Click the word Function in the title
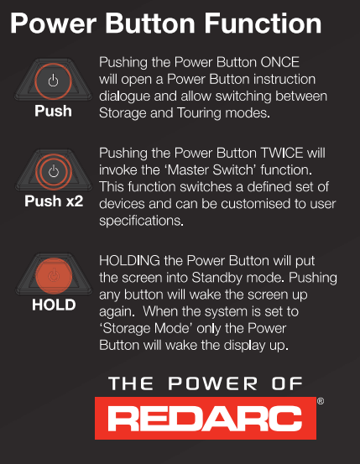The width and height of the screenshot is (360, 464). click(263, 23)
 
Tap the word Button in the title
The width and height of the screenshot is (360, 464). click(150, 23)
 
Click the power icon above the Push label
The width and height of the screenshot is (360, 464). click(54, 81)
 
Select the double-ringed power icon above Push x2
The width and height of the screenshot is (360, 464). click(54, 172)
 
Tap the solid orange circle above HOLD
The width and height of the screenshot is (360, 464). click(54, 276)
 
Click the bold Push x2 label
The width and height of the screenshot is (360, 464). click(54, 201)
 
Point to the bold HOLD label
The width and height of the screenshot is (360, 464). click(54, 305)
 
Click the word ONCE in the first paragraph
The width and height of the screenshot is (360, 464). click(279, 62)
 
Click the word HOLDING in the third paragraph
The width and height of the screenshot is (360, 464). click(130, 261)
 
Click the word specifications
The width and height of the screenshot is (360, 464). click(141, 221)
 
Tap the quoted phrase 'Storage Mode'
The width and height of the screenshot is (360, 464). click(146, 328)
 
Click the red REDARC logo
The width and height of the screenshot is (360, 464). click(206, 418)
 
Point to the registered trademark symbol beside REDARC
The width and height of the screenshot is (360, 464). click(321, 401)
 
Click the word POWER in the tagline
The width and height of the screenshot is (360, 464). click(213, 383)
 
